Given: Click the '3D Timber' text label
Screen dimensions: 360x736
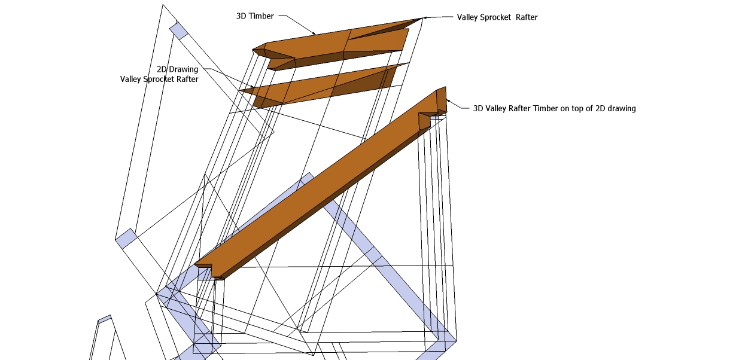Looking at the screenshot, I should click(x=255, y=16).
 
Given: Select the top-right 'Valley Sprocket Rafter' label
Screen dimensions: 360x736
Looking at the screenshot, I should click(x=497, y=17).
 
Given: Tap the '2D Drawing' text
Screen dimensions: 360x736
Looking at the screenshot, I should click(x=177, y=69).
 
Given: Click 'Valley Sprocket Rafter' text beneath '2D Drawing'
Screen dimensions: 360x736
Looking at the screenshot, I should click(x=159, y=79).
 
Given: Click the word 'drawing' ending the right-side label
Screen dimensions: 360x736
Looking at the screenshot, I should click(x=620, y=108).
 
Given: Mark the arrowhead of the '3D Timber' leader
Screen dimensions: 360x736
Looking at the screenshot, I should click(x=314, y=33).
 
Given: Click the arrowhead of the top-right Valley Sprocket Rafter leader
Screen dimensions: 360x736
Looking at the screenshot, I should click(x=424, y=18).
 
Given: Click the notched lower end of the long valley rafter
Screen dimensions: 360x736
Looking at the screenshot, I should click(x=209, y=270).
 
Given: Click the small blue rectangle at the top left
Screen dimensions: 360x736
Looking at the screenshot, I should click(x=179, y=30).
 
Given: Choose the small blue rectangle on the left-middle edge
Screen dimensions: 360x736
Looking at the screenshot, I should click(x=126, y=238).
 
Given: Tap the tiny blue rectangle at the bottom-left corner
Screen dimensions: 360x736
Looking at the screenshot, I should click(x=105, y=319).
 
